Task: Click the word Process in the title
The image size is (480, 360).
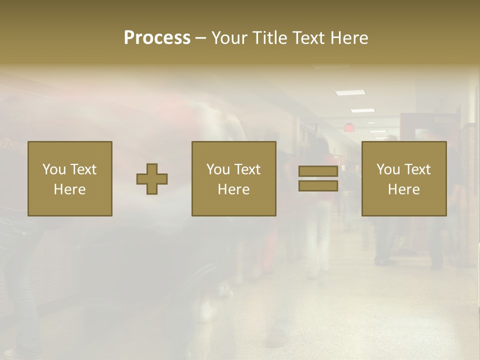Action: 157,37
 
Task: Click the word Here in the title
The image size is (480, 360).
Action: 349,37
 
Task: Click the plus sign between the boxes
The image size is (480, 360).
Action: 152,179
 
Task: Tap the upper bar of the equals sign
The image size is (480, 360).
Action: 318,171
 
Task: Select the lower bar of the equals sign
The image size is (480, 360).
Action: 318,185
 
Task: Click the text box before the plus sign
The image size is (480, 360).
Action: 70,178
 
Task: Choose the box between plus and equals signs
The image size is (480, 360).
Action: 233,178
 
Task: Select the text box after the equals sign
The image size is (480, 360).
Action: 404,178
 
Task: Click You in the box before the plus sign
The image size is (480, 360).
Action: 54,169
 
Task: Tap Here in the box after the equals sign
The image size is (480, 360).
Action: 404,189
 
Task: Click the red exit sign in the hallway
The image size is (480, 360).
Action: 348,127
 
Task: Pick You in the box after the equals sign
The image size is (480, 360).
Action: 388,169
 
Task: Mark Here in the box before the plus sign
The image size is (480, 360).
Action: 70,189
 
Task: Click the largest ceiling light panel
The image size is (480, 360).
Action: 350,92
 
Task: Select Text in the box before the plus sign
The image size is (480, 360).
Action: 83,169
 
